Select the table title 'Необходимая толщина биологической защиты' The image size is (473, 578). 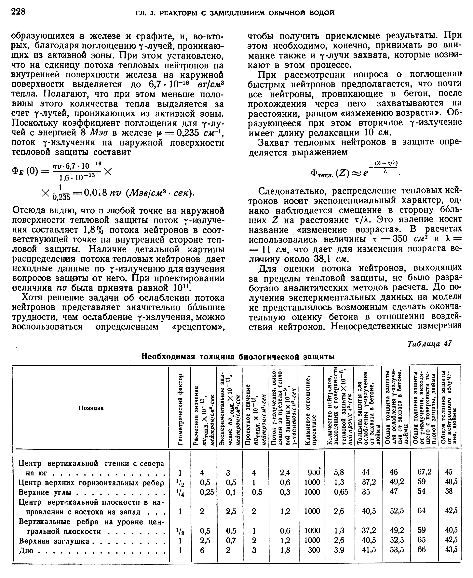238,357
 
